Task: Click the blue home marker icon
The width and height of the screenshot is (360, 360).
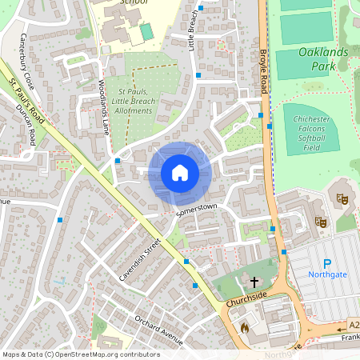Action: tap(180, 172)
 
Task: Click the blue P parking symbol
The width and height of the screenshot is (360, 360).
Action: tap(326, 264)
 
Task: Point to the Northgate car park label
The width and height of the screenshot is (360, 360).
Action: tap(327, 274)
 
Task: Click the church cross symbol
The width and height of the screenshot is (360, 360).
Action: tap(255, 282)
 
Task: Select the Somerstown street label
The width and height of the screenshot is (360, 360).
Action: tap(197, 210)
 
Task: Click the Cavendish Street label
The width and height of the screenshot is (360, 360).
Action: tap(139, 256)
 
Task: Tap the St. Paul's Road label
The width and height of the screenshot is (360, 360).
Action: tap(24, 100)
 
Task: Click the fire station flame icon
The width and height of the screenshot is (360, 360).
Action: tap(245, 327)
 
